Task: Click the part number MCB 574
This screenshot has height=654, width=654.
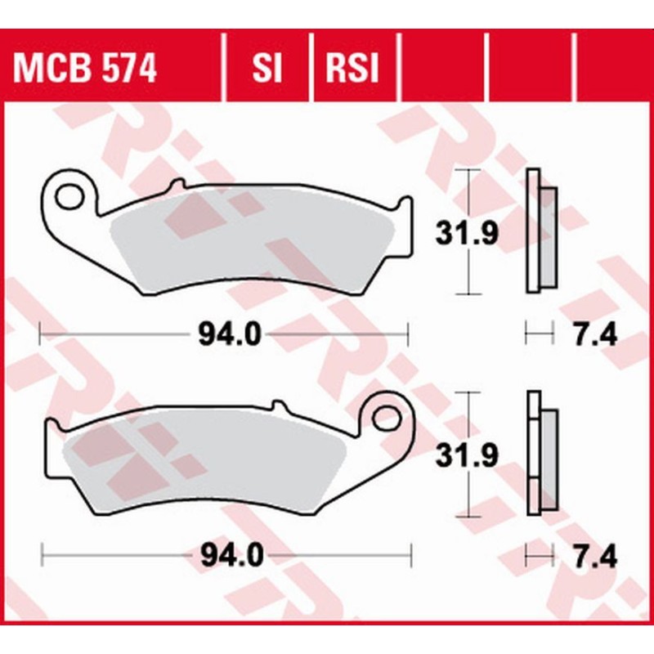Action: click(x=84, y=69)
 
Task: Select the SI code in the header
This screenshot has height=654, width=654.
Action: click(x=266, y=69)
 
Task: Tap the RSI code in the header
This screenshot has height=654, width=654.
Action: click(x=353, y=69)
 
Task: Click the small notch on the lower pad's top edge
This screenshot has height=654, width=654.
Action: click(x=278, y=405)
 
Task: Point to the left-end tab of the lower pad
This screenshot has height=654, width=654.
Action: click(x=51, y=433)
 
